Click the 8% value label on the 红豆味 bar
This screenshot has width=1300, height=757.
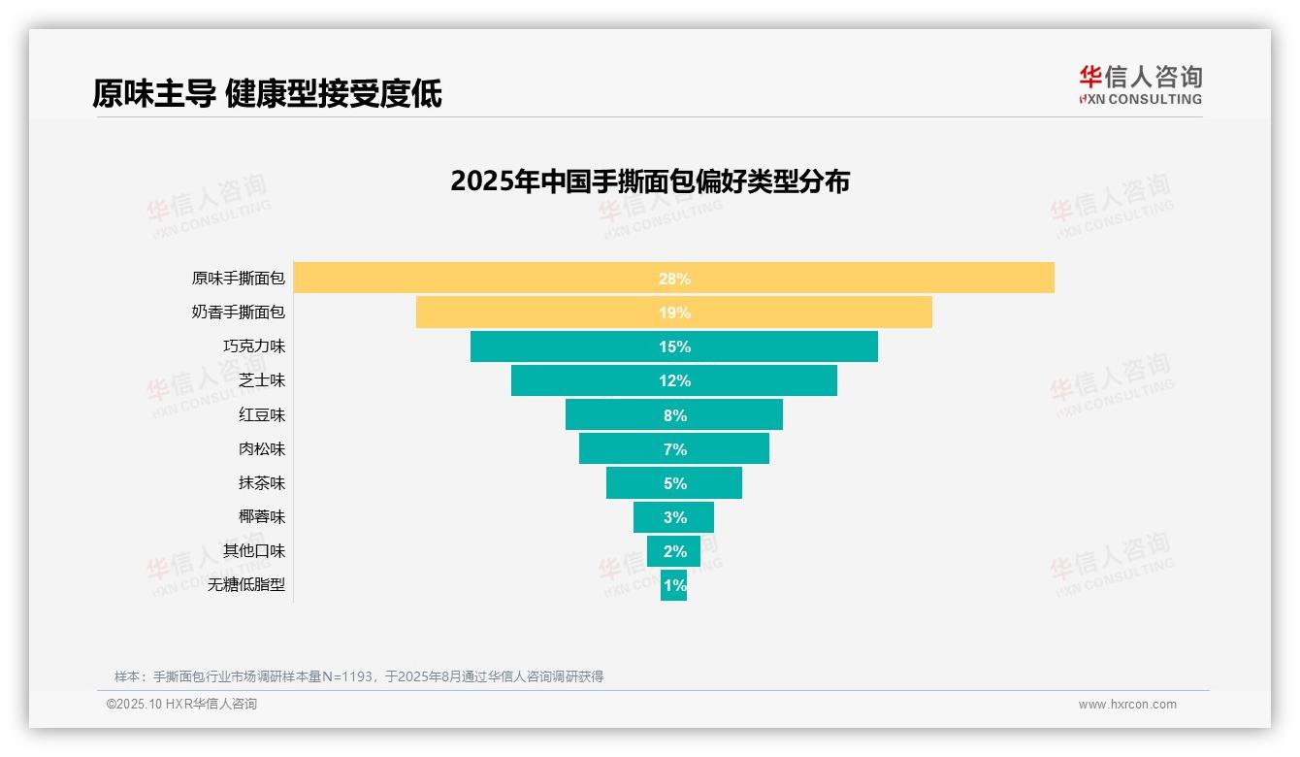point(674,415)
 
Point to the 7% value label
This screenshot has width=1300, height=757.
point(674,449)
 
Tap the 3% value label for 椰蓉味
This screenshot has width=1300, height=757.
point(674,517)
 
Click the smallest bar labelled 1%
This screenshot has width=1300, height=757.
point(674,585)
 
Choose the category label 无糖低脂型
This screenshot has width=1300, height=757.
point(246,585)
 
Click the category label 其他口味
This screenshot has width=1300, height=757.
point(254,551)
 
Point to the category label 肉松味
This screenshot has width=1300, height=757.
point(262,449)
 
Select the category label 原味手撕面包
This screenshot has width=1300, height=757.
point(239,279)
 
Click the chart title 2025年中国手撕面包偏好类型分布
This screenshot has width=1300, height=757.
point(650,181)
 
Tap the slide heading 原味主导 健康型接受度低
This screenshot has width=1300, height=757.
point(267,94)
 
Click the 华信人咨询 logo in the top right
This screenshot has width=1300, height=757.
point(1140,84)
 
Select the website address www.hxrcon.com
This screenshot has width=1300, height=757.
point(1127,705)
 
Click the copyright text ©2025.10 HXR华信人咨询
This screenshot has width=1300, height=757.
point(181,705)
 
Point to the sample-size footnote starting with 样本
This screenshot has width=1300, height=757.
point(359,676)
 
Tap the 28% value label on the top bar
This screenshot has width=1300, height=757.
point(674,279)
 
